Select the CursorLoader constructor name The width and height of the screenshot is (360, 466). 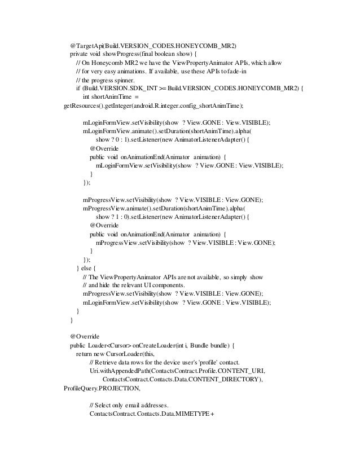click(x=120, y=353)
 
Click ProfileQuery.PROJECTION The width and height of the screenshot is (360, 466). click(x=103, y=388)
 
